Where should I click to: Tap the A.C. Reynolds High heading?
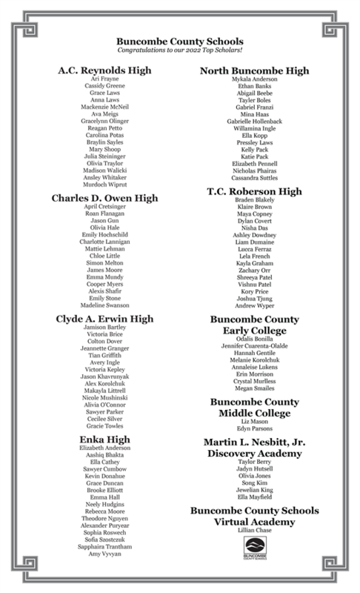[104, 70]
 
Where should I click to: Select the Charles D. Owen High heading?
[104, 198]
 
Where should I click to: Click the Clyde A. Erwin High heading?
[104, 318]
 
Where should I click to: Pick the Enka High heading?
[104, 440]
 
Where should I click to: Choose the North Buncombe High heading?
[255, 70]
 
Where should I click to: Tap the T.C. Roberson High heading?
[255, 191]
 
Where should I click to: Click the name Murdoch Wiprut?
[104, 185]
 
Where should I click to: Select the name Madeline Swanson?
[104, 305]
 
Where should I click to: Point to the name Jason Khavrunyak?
[104, 377]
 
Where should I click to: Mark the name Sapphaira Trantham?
[104, 546]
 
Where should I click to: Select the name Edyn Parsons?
[255, 428]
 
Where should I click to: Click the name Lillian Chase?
[255, 531]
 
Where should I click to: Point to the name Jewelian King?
[255, 490]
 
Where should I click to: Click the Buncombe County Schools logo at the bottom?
[255, 551]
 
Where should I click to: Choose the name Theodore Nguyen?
[104, 517]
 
